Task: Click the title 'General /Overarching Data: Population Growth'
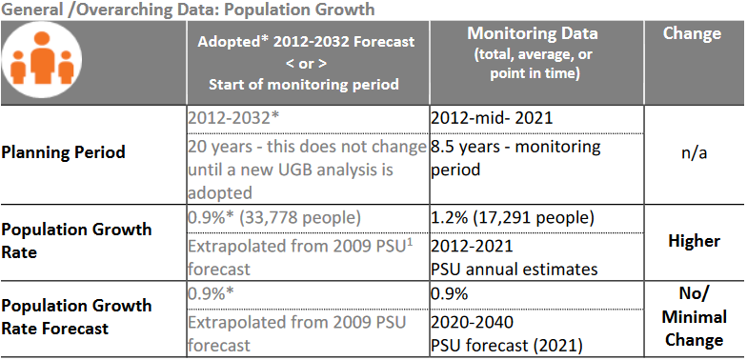[188, 9]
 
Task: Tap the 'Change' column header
[691, 33]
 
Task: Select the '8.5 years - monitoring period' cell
[515, 157]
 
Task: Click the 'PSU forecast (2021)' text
[507, 345]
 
